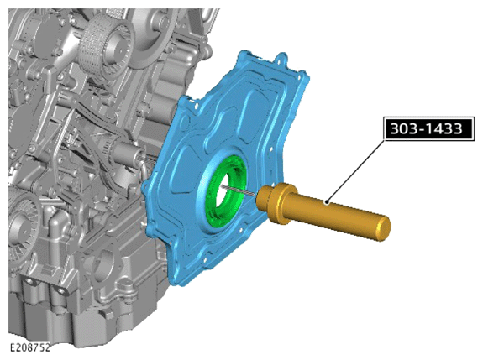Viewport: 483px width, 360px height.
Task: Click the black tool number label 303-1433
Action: tap(428, 128)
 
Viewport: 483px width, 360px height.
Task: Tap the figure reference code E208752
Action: tap(30, 347)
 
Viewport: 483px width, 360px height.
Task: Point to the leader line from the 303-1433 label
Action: tap(356, 171)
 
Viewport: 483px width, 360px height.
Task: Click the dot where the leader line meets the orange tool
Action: tap(327, 202)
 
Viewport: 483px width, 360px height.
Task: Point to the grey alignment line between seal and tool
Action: tap(238, 190)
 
